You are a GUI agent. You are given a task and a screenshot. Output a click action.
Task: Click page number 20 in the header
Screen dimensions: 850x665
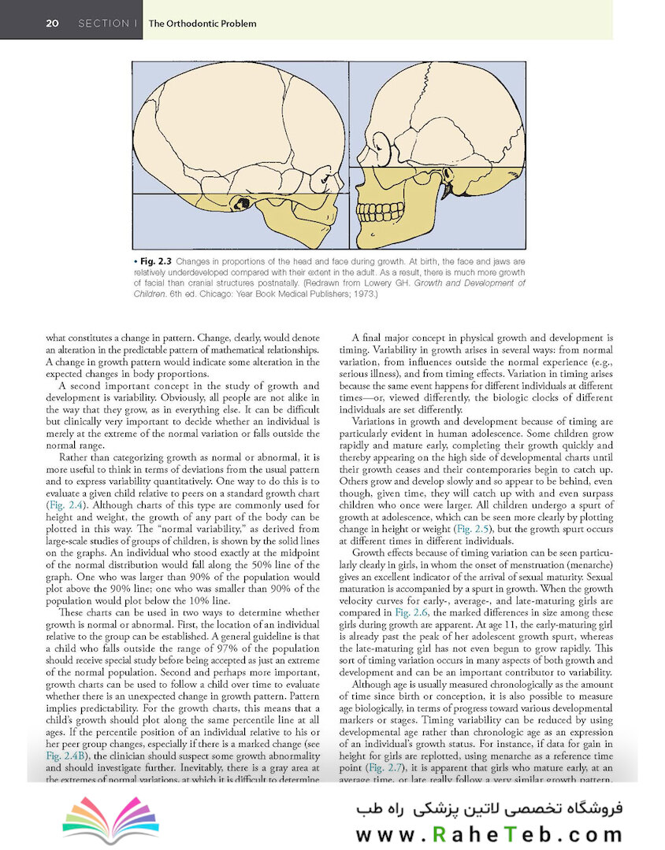click(x=53, y=24)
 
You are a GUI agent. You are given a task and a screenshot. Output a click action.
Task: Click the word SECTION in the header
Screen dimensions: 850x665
click(x=104, y=24)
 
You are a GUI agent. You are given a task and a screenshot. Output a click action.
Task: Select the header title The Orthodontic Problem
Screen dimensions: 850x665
click(x=202, y=24)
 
